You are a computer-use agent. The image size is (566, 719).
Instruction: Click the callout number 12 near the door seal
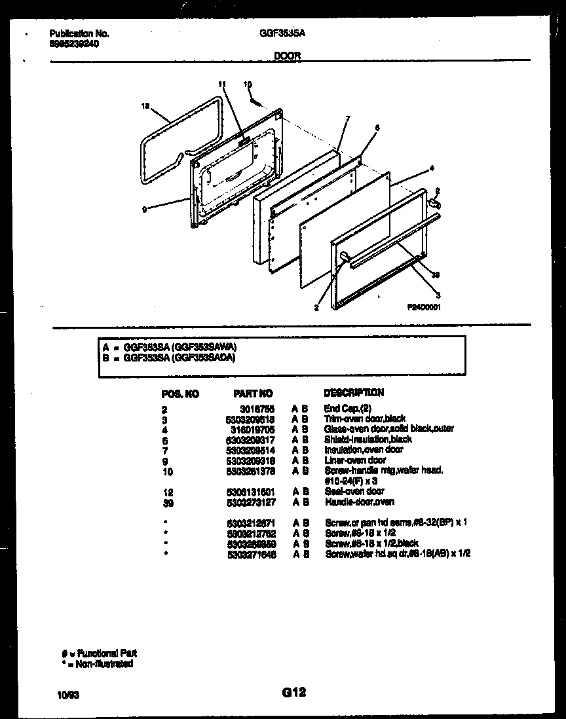145,105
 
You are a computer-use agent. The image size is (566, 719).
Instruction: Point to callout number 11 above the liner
221,84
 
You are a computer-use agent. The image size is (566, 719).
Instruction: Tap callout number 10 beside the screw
248,84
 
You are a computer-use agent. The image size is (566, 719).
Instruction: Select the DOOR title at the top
287,56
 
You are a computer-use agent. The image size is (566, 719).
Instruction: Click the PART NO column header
253,394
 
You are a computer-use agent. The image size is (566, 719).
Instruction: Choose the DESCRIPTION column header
354,393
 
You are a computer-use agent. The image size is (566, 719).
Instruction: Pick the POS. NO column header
180,394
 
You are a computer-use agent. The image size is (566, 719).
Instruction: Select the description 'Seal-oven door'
354,491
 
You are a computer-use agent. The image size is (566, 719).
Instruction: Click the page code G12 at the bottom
294,691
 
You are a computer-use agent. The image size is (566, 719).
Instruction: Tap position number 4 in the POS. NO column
164,429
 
